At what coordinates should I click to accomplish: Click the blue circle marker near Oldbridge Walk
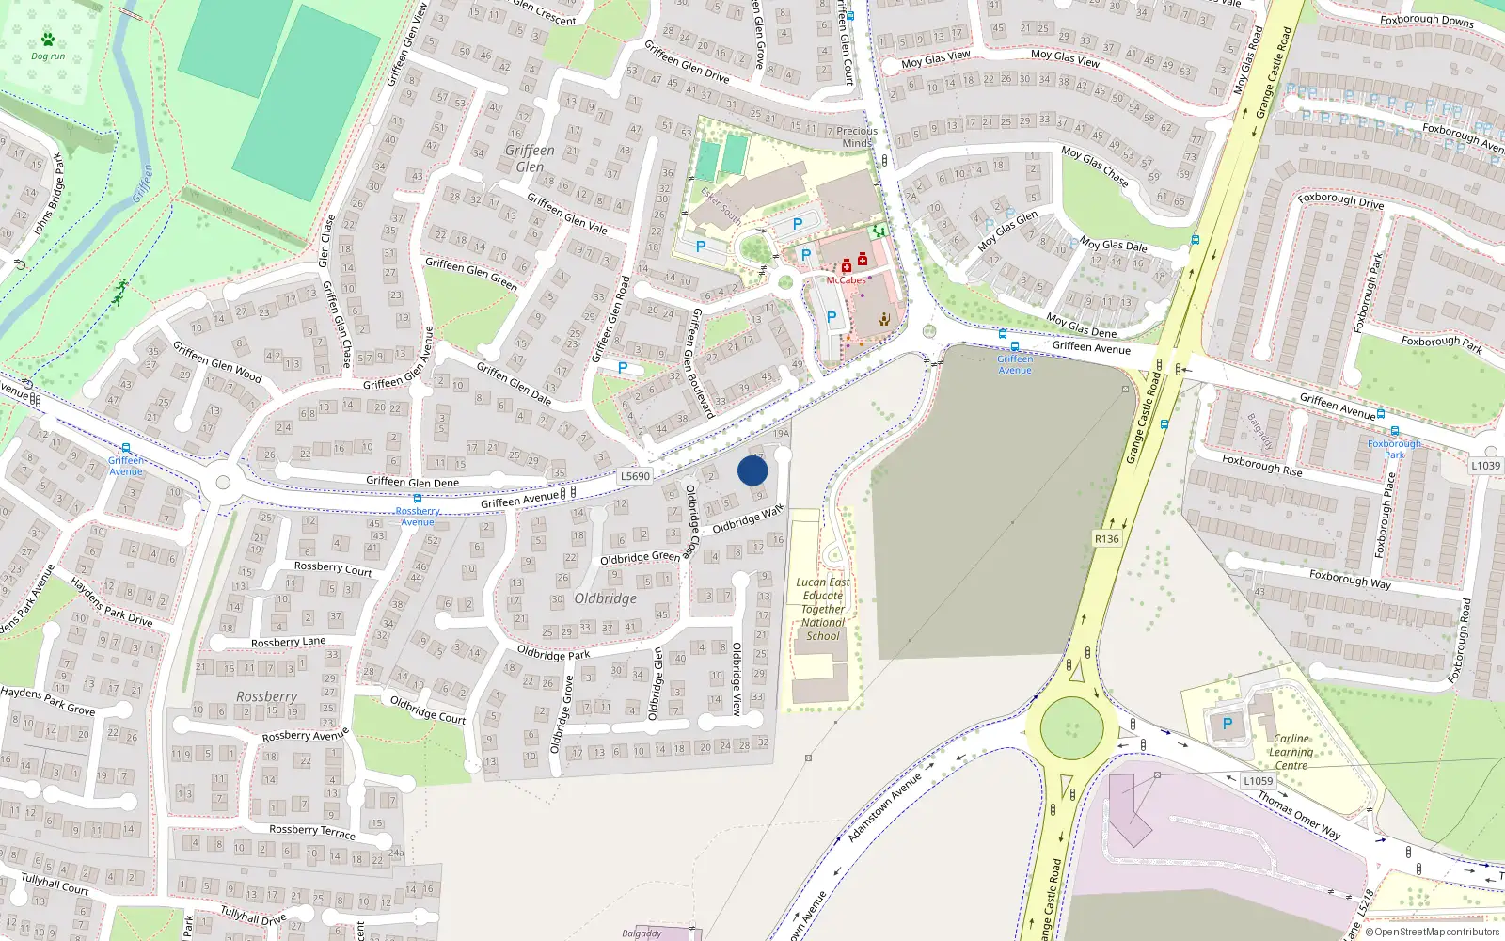point(752,470)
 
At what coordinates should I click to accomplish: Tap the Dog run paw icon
point(48,40)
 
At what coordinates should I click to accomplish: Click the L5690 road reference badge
point(635,476)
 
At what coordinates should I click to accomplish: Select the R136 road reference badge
point(1107,539)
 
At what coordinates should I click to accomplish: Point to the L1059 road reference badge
point(1258,781)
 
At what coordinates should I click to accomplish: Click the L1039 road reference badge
point(1485,466)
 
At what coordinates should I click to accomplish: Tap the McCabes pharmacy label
point(846,280)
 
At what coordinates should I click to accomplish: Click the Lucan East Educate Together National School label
point(823,609)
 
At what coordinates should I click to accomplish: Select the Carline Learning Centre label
point(1291,752)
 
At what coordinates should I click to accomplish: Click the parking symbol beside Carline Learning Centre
point(1227,724)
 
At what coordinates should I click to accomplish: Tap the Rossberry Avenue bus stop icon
point(418,500)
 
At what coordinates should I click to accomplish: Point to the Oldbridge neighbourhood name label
point(606,598)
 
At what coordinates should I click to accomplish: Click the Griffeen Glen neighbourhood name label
point(530,158)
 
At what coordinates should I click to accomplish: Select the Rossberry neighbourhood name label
point(266,696)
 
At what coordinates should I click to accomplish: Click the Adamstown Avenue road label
point(884,807)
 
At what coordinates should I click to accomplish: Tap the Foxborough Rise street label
point(1261,465)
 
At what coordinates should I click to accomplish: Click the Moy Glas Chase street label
point(1094,166)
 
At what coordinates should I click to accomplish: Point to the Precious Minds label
point(856,136)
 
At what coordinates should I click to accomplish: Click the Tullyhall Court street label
point(55,884)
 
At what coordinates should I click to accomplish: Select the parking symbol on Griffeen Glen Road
point(623,368)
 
